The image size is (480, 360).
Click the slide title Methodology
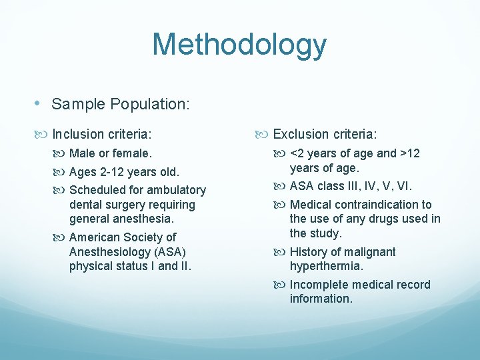click(x=239, y=45)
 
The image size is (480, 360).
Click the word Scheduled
click(x=97, y=191)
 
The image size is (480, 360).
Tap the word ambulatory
click(x=175, y=191)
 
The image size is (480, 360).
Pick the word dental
click(x=86, y=205)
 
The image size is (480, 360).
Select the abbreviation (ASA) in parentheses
click(x=168, y=251)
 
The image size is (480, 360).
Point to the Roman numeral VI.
click(x=404, y=186)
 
